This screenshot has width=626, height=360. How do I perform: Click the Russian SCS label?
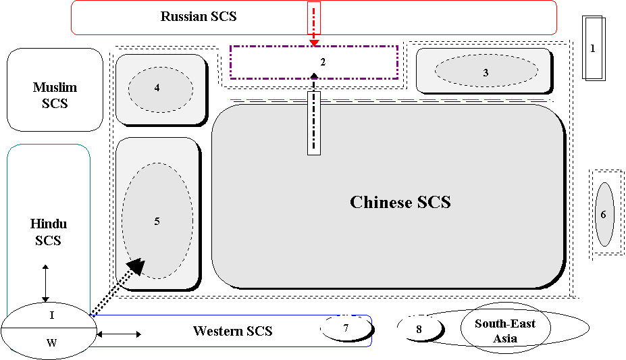(x=199, y=16)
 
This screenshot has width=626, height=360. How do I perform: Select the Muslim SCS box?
(x=55, y=89)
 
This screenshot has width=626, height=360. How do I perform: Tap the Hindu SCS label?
(x=49, y=232)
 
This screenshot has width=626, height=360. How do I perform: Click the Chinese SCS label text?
(x=400, y=202)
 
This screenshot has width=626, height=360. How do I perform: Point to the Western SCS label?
(x=232, y=331)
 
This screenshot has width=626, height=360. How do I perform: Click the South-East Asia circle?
(x=505, y=330)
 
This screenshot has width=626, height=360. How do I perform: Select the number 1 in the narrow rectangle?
(x=593, y=49)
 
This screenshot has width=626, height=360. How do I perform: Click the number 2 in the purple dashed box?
(x=323, y=62)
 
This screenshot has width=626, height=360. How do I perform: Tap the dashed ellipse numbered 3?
(x=486, y=71)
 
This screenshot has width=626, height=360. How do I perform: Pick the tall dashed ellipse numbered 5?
(x=157, y=221)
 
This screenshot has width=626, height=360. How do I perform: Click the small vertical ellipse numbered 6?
(x=604, y=214)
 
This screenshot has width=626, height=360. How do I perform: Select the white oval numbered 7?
(x=346, y=328)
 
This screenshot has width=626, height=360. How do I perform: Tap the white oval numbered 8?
(x=419, y=329)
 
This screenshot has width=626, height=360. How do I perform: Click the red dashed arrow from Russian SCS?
(x=314, y=24)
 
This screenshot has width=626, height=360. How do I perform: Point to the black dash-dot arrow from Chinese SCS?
(x=314, y=115)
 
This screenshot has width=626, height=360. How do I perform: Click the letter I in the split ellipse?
(x=51, y=315)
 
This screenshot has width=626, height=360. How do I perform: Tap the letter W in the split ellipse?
(x=51, y=342)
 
